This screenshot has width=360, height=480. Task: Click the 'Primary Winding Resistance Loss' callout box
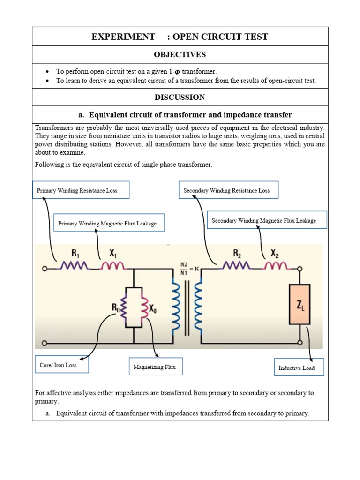pyautogui.click(x=81, y=190)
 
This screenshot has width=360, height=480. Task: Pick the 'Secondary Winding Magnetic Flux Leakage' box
pyautogui.click(x=267, y=220)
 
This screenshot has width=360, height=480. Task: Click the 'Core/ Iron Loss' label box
pyautogui.click(x=61, y=364)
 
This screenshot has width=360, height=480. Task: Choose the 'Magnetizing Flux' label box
pyautogui.click(x=155, y=367)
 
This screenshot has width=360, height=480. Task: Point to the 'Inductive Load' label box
pyautogui.click(x=299, y=367)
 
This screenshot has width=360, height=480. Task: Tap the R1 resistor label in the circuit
pyautogui.click(x=75, y=253)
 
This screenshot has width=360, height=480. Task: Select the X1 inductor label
pyautogui.click(x=113, y=253)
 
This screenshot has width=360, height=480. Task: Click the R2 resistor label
pyautogui.click(x=238, y=253)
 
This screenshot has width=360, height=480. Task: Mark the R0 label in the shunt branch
pyautogui.click(x=115, y=307)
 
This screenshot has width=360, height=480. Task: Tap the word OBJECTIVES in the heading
pyautogui.click(x=180, y=55)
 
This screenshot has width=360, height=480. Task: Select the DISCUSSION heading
pyautogui.click(x=180, y=97)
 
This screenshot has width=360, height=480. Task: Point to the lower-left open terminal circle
pyautogui.click(x=45, y=343)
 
